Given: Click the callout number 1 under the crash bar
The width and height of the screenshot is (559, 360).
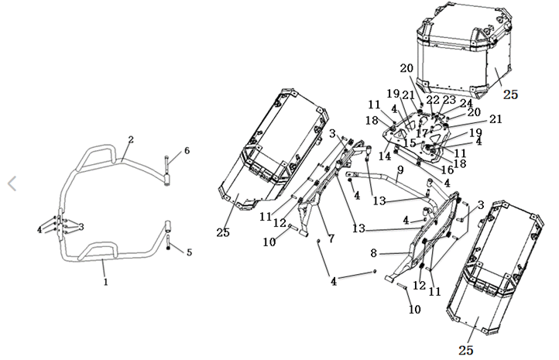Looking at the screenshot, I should coord(105,283).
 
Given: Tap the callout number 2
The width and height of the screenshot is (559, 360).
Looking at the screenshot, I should coord(131,140).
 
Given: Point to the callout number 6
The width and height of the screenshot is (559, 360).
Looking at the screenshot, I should coord(187,150).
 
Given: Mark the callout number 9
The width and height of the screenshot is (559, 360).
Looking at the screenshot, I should coord(400,169).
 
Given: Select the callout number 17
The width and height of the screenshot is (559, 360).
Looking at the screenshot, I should coord(423,133).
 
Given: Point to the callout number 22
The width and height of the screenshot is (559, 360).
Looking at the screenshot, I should coord(433,100).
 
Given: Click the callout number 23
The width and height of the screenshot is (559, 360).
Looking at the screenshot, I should coord(449,100).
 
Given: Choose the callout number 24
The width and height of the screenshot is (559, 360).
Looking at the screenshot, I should coord(465,102).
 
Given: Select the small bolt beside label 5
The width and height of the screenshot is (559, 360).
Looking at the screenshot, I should coord(170,249).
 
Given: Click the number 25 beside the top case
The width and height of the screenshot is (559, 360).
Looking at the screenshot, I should coord(510,94).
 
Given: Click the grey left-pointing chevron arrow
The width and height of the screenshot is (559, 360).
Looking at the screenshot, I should coord(11,183).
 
